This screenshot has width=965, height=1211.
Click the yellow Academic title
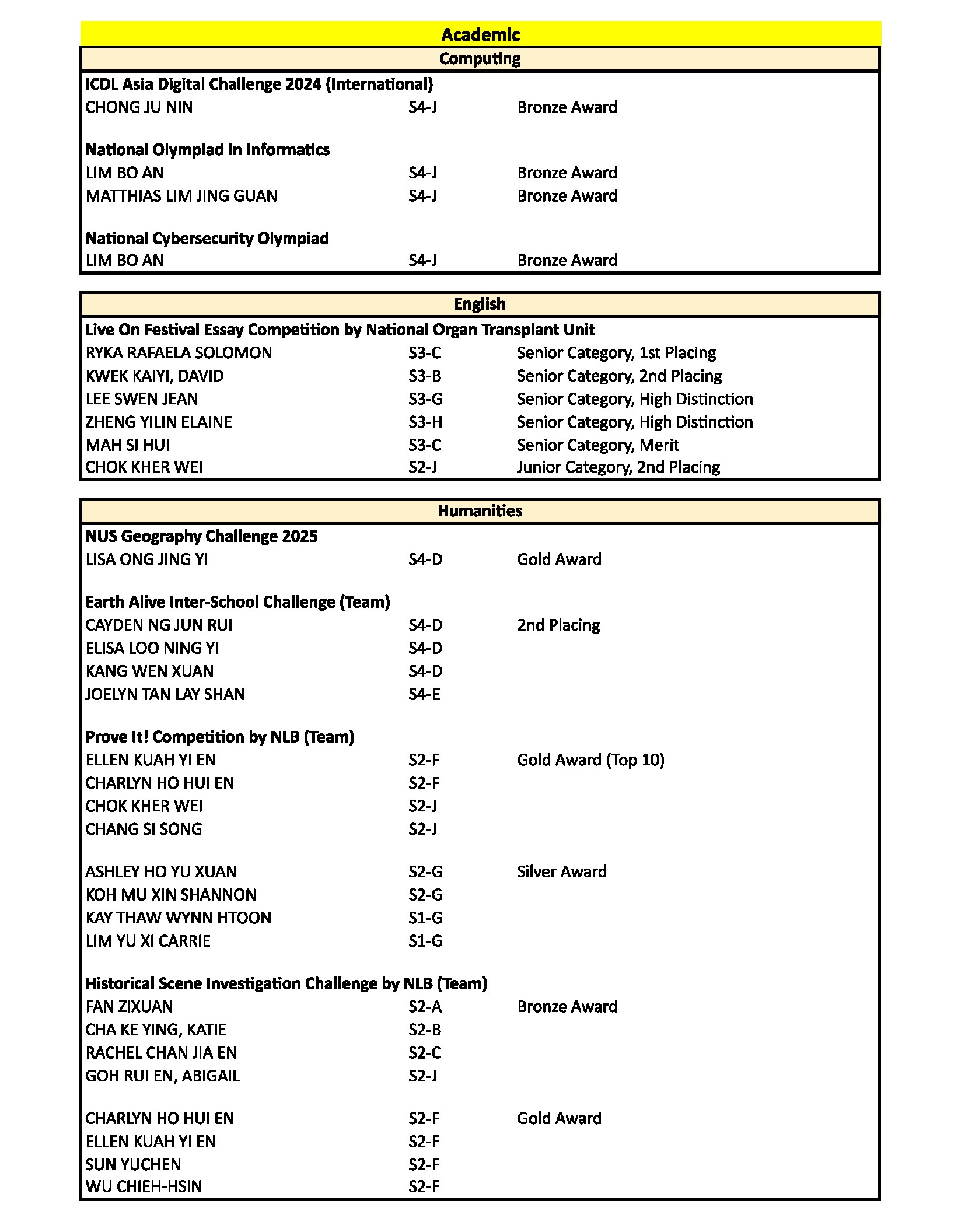coord(480,34)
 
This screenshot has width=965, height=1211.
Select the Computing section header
coord(480,58)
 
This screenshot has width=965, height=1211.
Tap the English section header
coord(480,304)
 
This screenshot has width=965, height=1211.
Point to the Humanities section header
coord(480,510)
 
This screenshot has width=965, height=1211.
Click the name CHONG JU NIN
coord(139,107)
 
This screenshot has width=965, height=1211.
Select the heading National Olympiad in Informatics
coord(207,150)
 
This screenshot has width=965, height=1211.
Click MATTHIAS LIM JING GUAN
coord(181,196)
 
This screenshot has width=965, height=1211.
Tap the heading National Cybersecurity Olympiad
coord(207,239)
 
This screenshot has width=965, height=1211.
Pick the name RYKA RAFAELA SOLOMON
coord(179,353)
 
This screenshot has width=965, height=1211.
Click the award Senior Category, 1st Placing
coord(616,353)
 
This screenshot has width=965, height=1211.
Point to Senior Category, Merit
coord(597,445)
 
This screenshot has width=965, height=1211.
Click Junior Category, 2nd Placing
coord(618,467)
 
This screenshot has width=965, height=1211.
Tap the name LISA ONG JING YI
coord(146,559)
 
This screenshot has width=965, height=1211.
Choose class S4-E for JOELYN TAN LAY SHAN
coord(424,694)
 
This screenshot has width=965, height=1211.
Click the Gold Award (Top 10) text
coord(590,760)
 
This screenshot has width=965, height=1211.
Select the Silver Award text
coord(561,871)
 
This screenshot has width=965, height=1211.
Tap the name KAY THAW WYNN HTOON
coord(178,918)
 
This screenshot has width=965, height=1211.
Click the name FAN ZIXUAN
coord(129,1007)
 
